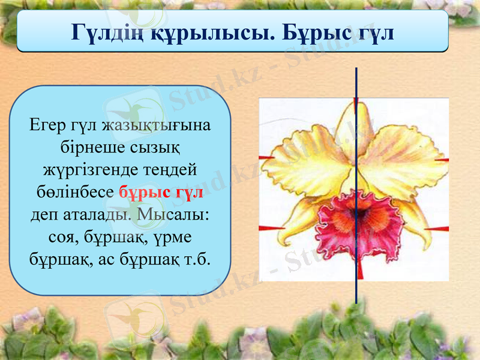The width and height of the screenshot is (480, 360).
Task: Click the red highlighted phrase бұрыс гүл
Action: [x=161, y=193]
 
